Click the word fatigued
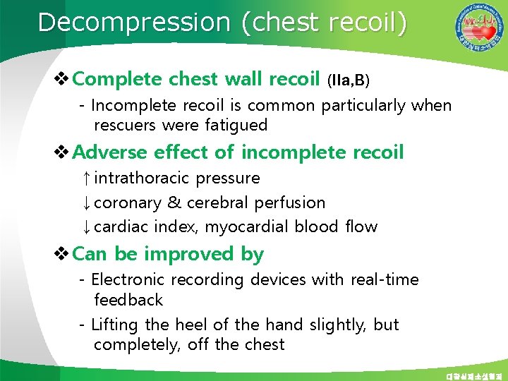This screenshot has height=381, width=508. click(235, 126)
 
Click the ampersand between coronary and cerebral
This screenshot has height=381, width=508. click(174, 203)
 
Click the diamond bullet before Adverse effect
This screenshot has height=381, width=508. click(61, 152)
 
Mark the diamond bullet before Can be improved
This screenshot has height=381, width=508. click(61, 254)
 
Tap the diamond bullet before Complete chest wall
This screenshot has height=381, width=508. click(61, 79)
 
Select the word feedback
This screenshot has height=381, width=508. click(128, 300)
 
